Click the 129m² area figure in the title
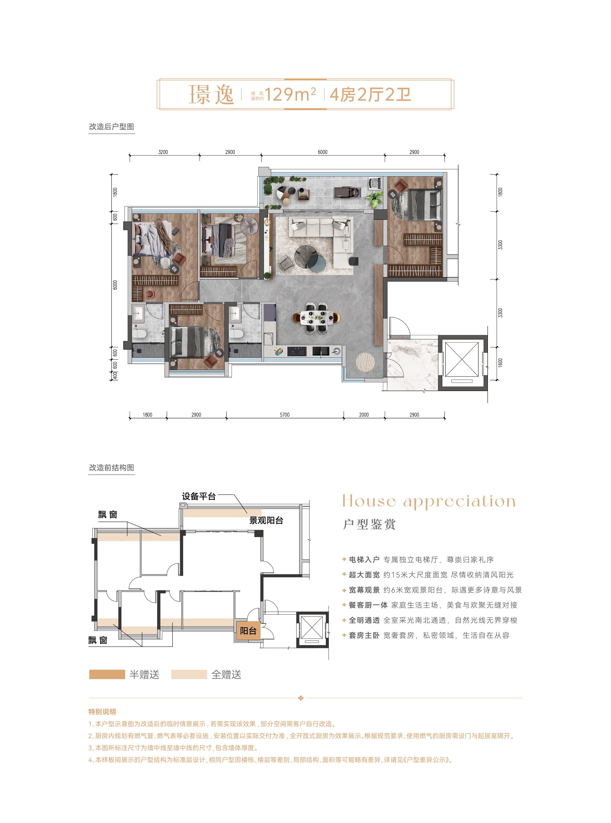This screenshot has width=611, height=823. click(290, 94)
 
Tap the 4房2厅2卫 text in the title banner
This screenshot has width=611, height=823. click(370, 95)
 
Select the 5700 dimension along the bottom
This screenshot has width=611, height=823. click(285, 415)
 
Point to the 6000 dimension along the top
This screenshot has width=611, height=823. click(323, 152)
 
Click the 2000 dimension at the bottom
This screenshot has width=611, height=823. click(364, 415)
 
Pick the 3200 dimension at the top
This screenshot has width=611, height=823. click(163, 152)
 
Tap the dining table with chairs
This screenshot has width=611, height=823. click(317, 318)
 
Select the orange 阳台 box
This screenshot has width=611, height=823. click(248, 631)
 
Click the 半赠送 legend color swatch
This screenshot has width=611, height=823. click(107, 674)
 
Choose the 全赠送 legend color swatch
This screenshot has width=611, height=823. click(189, 674)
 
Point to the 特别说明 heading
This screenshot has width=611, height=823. click(102, 712)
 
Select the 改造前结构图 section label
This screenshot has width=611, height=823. click(111, 468)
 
